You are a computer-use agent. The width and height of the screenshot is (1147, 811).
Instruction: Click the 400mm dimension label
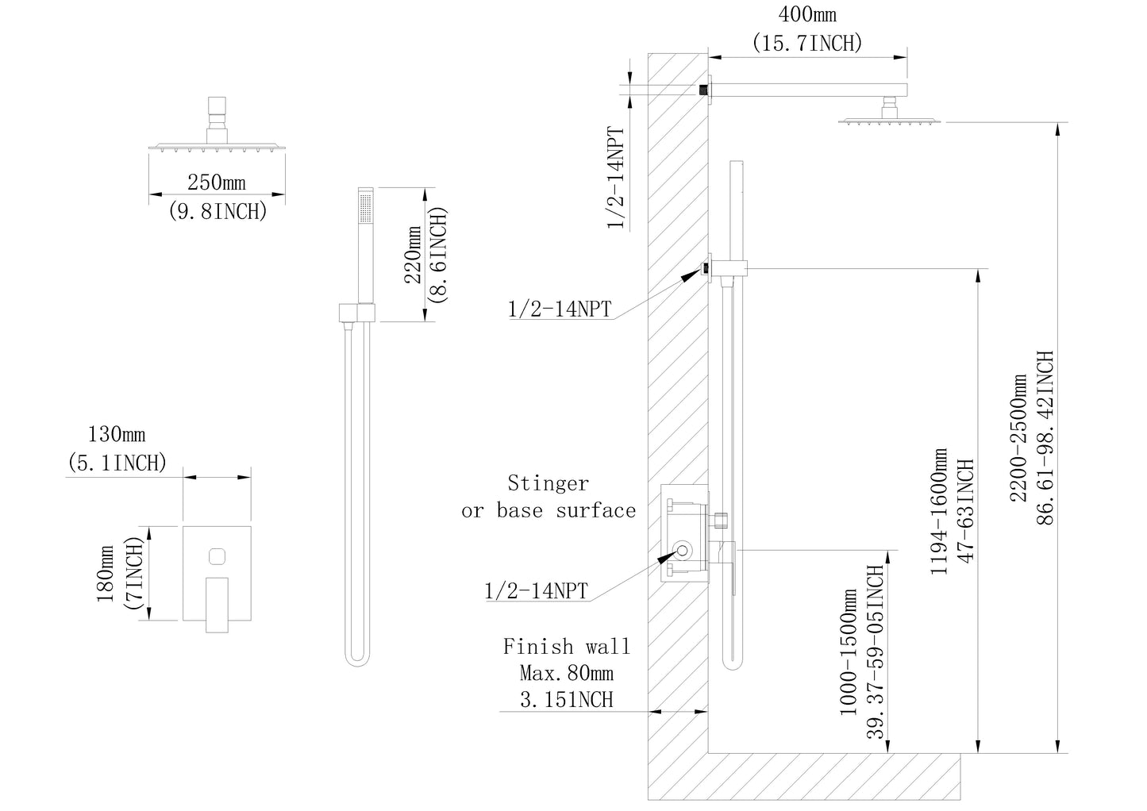coord(807,14)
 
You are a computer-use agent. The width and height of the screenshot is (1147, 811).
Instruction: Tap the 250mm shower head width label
coord(217,183)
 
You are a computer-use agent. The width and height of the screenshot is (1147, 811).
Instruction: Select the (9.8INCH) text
coord(217,211)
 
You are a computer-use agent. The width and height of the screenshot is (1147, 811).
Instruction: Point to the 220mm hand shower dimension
coord(413,255)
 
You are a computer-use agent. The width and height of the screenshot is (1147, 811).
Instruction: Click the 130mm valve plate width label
coord(117,434)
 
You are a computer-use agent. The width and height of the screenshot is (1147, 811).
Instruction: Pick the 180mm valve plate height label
coord(105,574)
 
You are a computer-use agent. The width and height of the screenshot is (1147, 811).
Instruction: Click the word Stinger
coord(548,482)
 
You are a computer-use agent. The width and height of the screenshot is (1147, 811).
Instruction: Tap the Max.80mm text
coord(566,673)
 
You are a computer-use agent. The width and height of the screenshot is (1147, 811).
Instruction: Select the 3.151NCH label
coord(566,699)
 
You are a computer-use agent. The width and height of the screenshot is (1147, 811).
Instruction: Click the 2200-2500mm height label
coord(1018,438)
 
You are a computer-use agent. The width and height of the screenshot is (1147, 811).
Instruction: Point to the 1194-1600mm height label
coord(938,512)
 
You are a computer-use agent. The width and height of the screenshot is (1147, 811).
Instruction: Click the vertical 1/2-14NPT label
coord(616,178)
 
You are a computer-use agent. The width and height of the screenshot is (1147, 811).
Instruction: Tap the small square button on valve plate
coord(217,556)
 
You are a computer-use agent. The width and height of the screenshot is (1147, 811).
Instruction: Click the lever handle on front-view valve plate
coord(217,605)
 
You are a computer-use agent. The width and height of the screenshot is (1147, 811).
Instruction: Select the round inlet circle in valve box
coord(683,551)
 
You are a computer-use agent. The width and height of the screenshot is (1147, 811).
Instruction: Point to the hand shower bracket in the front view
coord(357,313)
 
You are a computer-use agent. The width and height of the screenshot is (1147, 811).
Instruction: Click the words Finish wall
coord(566,646)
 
